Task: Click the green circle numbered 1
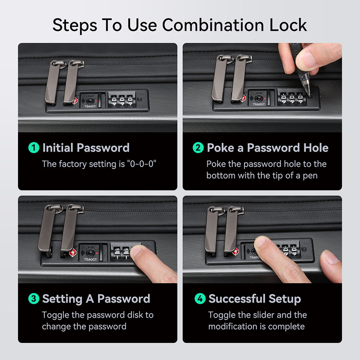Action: (34, 148)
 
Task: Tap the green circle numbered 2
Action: (198, 148)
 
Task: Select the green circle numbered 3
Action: (34, 298)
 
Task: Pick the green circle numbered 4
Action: (200, 298)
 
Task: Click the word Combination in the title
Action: (213, 25)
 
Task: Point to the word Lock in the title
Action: (288, 25)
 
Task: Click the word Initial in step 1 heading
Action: (58, 148)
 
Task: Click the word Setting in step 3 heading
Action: (62, 299)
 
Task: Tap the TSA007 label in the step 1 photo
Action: (90, 106)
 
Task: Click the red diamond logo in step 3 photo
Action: (73, 252)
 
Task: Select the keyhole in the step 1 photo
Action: (90, 100)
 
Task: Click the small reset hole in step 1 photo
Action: (140, 100)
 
